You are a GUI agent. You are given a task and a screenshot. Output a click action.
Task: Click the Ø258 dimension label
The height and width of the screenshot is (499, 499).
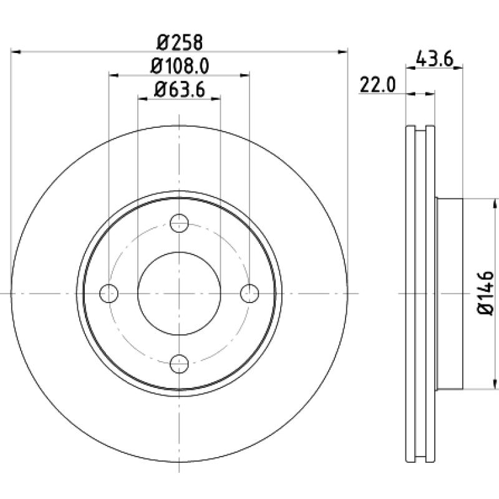point(180,42)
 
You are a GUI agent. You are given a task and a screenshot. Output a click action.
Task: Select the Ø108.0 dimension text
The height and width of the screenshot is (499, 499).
point(180,67)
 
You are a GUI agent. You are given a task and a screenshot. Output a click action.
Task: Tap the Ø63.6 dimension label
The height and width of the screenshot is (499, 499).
point(180,90)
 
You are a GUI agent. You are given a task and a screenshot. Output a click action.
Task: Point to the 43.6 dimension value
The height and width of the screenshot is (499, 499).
point(434,59)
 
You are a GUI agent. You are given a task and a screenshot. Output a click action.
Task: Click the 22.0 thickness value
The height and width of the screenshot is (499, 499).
point(378,85)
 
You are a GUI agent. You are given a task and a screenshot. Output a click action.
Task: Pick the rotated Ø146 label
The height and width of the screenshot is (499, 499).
point(486,293)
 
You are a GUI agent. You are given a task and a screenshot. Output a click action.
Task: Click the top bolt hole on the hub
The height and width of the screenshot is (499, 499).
point(179,223)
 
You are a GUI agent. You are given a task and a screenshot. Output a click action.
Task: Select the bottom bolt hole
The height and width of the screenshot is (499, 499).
point(179,364)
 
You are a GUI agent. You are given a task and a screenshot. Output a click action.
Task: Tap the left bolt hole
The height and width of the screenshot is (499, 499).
point(109,293)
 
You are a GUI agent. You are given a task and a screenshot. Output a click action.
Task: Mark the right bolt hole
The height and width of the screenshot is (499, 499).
point(249,293)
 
